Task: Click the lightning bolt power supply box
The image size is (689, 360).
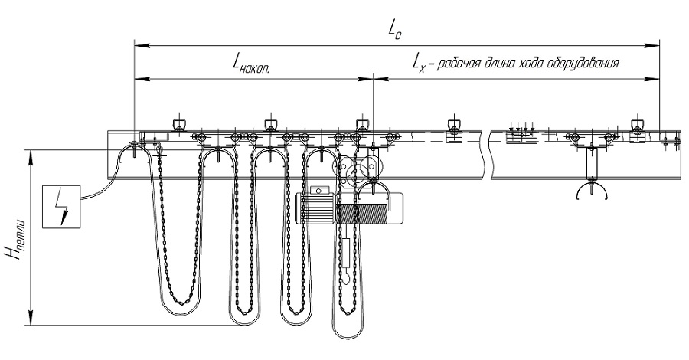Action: (61, 207)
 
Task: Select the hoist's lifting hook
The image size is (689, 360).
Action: (346, 278)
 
